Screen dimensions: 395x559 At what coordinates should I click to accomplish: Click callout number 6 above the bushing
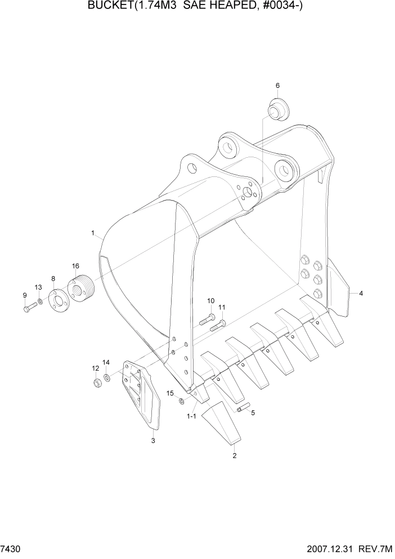277,86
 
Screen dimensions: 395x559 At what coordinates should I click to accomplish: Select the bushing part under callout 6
277,109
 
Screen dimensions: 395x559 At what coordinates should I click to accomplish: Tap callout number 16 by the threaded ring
75,265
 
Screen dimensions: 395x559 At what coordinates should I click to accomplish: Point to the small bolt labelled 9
30,308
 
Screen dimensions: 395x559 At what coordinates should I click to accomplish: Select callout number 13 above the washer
38,287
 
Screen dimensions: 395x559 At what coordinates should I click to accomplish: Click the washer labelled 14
107,378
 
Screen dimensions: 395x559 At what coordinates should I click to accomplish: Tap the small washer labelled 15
181,401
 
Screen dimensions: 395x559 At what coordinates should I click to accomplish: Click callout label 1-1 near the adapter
191,416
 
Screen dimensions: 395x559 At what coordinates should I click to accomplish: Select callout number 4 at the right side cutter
361,293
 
